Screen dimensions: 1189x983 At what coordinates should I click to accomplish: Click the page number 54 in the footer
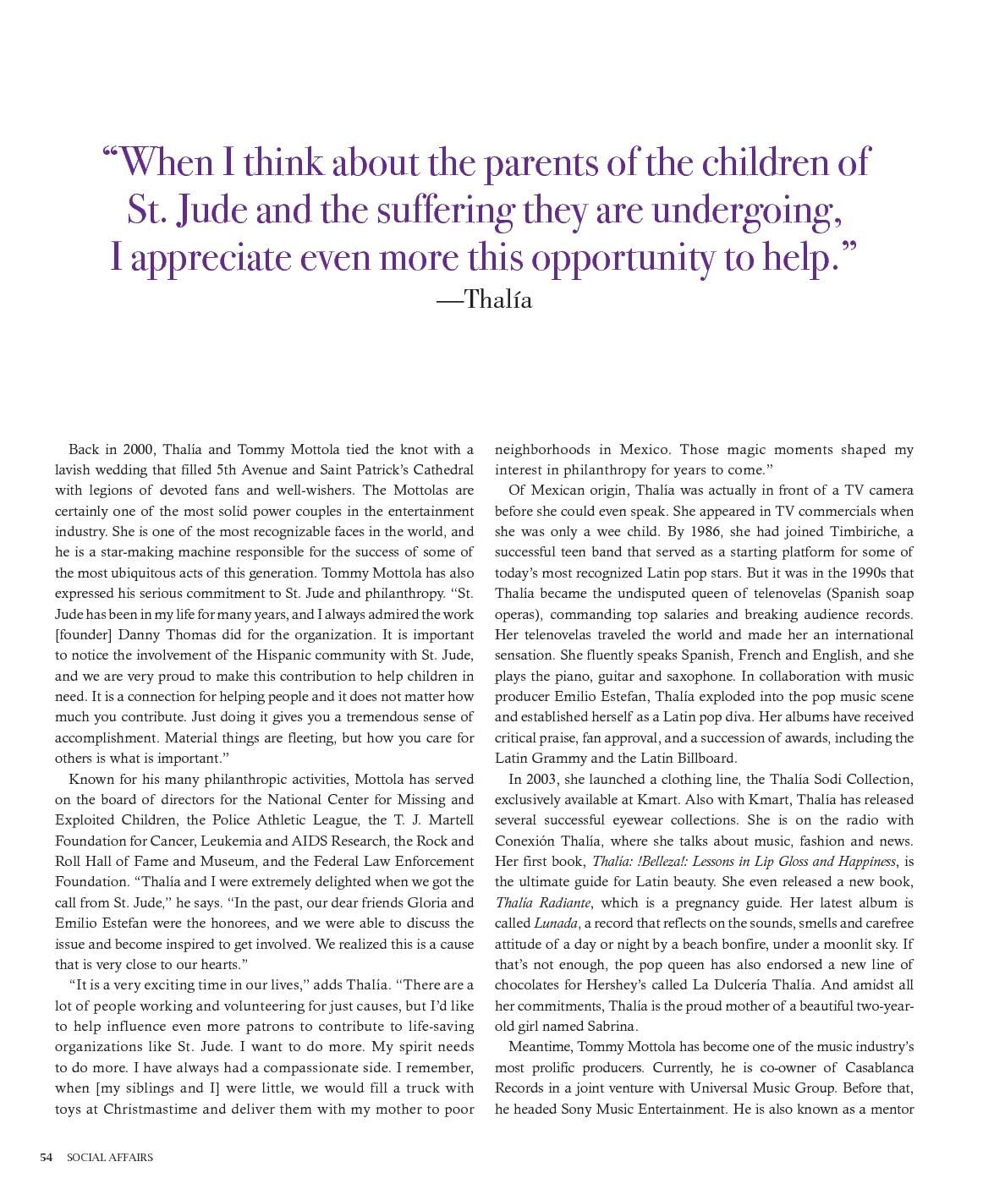(47, 1157)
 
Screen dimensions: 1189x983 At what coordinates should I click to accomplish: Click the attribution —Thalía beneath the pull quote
(484, 299)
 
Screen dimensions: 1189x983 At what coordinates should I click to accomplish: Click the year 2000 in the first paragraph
(137, 449)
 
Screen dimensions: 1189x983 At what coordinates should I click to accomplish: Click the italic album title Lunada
(556, 923)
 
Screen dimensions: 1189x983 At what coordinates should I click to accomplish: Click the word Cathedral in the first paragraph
(442, 469)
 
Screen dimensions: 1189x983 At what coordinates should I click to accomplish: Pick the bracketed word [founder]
(84, 634)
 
